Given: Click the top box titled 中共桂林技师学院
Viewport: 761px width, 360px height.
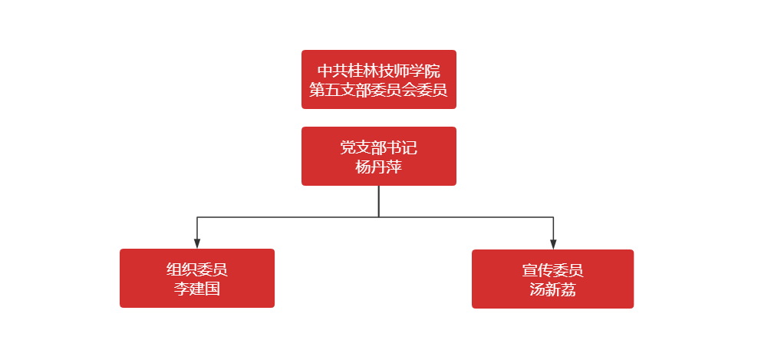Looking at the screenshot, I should point(379,80).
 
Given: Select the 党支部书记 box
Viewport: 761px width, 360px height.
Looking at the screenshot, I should point(379,157).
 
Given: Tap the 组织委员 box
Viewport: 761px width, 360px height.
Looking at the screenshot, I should point(197,278).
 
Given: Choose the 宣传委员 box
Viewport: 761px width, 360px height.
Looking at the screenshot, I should point(552,279).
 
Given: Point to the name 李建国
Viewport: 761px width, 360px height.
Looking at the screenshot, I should point(197,289).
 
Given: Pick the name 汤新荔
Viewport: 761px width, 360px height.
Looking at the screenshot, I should point(552,290).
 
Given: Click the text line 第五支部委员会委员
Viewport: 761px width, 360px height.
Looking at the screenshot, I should point(379,90).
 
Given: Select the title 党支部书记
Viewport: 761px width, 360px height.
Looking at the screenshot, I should point(379,148).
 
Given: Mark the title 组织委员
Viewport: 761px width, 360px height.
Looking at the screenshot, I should point(197,269).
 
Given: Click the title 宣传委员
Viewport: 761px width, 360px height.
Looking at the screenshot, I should point(552,270).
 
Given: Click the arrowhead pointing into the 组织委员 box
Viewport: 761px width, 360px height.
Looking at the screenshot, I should point(197,244).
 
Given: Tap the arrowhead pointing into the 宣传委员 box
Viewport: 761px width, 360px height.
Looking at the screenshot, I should point(552,245).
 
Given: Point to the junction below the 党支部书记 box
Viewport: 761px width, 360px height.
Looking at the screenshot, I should point(379,217).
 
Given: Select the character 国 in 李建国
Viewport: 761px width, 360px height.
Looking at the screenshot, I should point(212,289).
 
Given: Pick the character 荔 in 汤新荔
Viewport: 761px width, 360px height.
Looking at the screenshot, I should point(568,290).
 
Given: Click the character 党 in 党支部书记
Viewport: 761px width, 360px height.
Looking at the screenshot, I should point(348,148).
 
